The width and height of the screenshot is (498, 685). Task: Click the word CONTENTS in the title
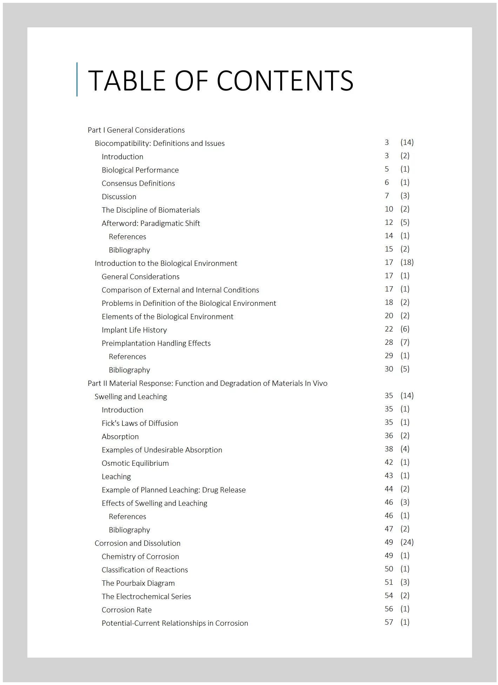click(x=285, y=80)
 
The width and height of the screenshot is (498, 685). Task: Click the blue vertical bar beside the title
click(x=77, y=79)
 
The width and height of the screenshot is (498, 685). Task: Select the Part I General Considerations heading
click(x=136, y=130)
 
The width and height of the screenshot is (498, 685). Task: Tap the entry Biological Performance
click(x=140, y=170)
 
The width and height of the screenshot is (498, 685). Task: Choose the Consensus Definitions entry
click(x=138, y=183)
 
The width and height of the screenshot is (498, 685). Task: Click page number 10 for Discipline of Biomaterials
click(x=389, y=209)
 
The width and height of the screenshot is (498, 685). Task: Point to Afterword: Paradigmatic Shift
click(x=151, y=223)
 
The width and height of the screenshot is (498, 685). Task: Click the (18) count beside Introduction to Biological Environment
click(x=407, y=262)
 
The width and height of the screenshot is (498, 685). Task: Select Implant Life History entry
click(x=134, y=330)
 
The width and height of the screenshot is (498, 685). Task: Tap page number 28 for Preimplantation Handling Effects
click(x=389, y=342)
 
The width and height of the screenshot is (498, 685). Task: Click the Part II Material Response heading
click(x=207, y=383)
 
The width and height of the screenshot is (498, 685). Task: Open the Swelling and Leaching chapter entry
click(x=130, y=397)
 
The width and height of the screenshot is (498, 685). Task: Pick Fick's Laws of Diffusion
click(x=140, y=423)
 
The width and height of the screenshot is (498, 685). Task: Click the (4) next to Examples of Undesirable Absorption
click(x=405, y=449)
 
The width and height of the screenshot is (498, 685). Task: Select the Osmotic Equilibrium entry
click(x=135, y=463)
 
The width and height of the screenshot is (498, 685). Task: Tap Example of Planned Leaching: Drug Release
click(x=174, y=490)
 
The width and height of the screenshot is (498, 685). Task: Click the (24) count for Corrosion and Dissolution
click(x=407, y=542)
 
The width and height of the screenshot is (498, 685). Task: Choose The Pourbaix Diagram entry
click(x=138, y=583)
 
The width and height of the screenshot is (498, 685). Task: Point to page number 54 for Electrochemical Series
click(x=389, y=596)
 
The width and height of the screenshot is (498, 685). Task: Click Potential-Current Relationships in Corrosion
click(x=175, y=623)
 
